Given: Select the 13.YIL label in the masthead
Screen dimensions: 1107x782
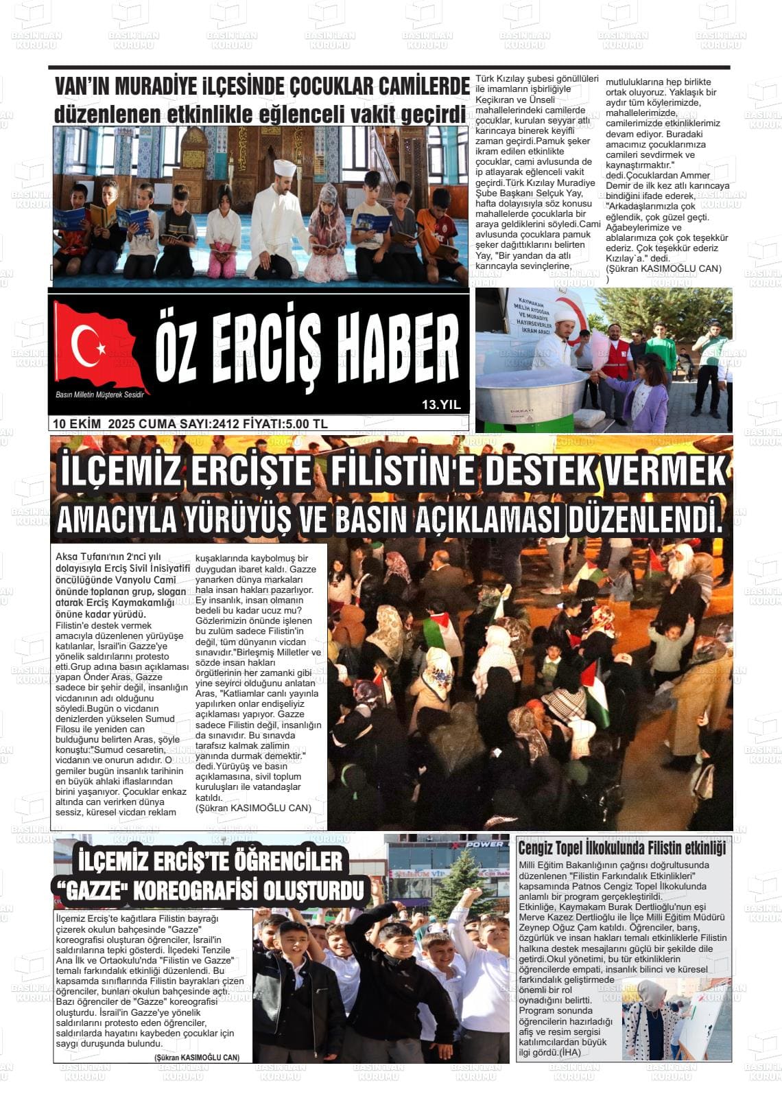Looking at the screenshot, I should [441, 406].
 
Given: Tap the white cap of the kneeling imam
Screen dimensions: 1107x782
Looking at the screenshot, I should [284, 167].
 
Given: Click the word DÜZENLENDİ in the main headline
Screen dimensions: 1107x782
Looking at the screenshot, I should [642, 520].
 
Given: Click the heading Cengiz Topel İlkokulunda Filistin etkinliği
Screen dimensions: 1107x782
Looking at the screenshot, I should [621, 848].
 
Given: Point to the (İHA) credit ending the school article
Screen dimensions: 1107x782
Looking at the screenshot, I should [569, 1052].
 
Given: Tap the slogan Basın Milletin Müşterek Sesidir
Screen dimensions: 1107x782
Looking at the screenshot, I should [100, 395].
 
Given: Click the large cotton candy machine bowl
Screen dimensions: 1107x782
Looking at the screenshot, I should [532, 388].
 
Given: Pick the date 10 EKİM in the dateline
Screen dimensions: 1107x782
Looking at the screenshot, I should [77, 424].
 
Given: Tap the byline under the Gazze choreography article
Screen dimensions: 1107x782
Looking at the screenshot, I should [197, 1058].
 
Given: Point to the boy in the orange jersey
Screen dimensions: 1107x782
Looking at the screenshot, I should [436, 230].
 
